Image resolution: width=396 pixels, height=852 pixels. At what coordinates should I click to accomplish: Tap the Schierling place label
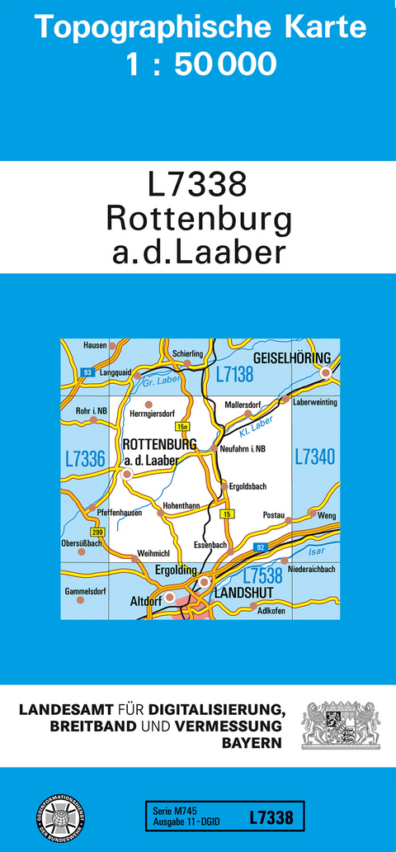187,353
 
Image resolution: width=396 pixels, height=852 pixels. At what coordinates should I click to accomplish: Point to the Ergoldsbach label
248,487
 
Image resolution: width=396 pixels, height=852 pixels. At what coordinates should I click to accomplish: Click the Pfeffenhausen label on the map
120,513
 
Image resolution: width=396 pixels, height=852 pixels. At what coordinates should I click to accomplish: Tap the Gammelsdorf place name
86,591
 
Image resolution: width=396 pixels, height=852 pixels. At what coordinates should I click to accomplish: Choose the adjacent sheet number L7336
84,459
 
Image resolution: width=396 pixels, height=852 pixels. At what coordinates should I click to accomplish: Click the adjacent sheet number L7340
314,456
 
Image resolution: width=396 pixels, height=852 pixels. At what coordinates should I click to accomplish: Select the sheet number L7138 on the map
234,376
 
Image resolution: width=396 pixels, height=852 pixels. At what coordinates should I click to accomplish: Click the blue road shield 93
87,373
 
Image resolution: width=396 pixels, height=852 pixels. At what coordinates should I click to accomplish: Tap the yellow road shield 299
98,532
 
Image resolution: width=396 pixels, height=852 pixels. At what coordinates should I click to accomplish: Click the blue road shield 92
261,547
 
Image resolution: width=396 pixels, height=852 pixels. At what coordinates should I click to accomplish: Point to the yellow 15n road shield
183,427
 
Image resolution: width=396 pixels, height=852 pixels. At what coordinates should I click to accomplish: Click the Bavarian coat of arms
340,726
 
